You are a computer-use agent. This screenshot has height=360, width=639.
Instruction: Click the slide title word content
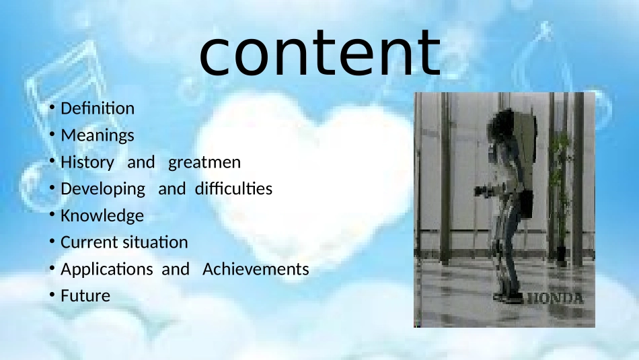pos(320,53)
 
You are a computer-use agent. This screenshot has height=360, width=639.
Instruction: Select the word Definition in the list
pos(98,108)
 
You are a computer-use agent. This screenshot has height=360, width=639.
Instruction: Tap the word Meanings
pos(98,136)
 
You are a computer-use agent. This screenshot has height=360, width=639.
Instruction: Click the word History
pos(87,163)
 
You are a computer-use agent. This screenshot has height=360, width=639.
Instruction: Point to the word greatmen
pos(204,163)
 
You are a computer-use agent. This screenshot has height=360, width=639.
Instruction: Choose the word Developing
pos(103,189)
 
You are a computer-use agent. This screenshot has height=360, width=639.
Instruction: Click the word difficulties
pos(233,189)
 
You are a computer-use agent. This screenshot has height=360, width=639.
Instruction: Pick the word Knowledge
pos(102,216)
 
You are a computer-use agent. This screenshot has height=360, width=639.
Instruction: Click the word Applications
pos(107,269)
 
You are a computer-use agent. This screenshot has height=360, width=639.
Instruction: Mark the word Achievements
pos(256,269)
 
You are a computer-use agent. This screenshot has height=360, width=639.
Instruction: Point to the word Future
pos(85,296)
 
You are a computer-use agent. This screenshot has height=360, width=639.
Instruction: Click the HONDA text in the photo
pos(556,299)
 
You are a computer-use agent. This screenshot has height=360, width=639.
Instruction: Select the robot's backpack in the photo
pos(524,135)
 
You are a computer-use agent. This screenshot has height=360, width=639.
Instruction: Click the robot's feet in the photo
pos(508,297)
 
